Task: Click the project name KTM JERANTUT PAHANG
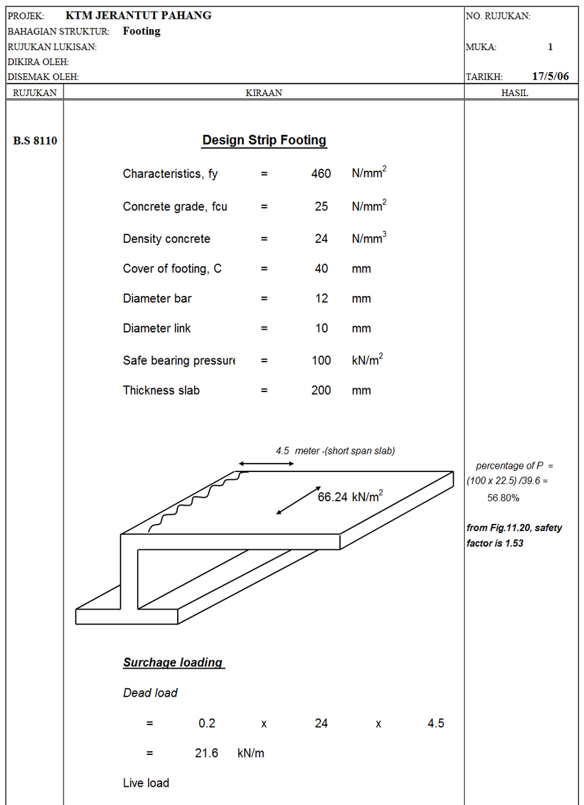click(139, 16)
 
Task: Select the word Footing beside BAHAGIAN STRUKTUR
click(141, 31)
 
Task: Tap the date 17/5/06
click(550, 76)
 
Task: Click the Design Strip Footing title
click(264, 140)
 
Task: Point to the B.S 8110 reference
click(35, 140)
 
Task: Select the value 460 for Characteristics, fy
click(321, 173)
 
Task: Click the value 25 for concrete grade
click(321, 206)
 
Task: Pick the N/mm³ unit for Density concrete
click(369, 238)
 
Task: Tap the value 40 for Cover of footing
click(321, 269)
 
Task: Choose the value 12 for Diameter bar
click(321, 298)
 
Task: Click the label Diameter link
click(156, 328)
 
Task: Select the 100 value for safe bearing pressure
click(321, 360)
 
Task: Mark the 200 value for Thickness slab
click(321, 390)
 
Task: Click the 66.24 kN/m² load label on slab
click(350, 496)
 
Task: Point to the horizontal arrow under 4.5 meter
click(266, 464)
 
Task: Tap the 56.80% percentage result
click(503, 498)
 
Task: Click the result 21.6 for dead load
click(206, 753)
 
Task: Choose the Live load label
click(146, 783)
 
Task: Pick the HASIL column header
click(515, 93)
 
